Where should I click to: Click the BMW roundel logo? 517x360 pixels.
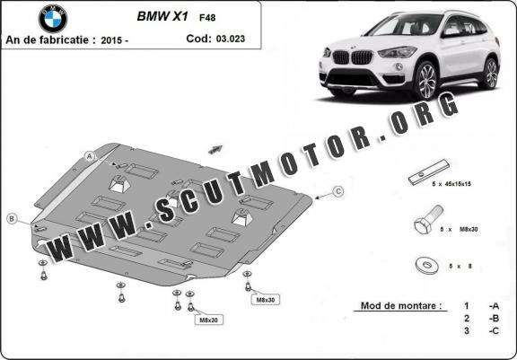tap(53, 19)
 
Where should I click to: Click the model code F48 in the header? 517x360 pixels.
tap(207, 17)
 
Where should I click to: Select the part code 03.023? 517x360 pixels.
tap(231, 39)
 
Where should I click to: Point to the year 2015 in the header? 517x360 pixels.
tap(111, 40)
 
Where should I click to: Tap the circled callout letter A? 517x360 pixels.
tap(90, 156)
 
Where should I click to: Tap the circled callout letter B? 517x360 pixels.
tap(12, 218)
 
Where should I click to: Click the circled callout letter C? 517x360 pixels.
tap(338, 191)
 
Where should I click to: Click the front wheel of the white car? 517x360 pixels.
tap(426, 80)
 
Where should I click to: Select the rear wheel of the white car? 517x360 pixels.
tap(490, 74)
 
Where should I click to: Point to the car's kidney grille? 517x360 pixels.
tap(352, 57)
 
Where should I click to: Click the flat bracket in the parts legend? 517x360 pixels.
tap(429, 172)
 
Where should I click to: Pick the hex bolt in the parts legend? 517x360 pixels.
tap(428, 220)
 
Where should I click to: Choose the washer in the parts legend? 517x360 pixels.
tap(427, 265)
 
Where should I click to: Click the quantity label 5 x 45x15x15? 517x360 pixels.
tap(451, 184)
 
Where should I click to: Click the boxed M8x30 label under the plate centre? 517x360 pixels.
tap(209, 320)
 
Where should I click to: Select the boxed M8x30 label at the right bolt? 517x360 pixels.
tap(266, 300)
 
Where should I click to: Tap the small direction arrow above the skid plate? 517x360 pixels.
tap(215, 149)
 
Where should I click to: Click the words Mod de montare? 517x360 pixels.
tap(401, 305)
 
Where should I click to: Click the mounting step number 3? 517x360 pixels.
tap(466, 330)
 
